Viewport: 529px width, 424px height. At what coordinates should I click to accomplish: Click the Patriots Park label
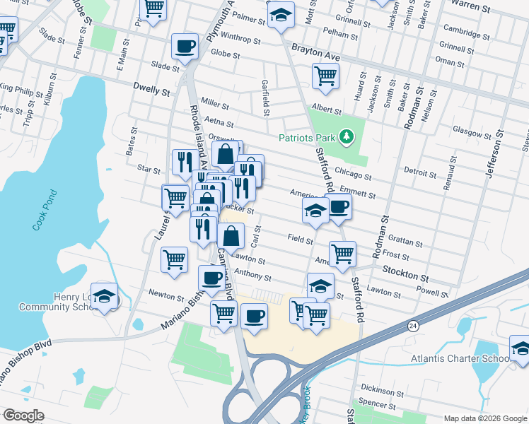pyautogui.click(x=307, y=137)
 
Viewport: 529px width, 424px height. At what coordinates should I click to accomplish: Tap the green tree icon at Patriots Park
pyautogui.click(x=346, y=136)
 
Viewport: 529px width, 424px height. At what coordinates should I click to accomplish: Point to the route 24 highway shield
pyautogui.click(x=412, y=326)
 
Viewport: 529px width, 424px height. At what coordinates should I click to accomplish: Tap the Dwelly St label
pyautogui.click(x=152, y=91)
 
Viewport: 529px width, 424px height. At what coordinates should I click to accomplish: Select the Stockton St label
pyautogui.click(x=406, y=271)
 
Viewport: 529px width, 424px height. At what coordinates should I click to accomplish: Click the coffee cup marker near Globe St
pyautogui.click(x=185, y=47)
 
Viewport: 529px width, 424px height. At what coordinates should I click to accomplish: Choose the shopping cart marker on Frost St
pyautogui.click(x=342, y=253)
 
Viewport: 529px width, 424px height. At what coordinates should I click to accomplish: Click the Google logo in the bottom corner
pyautogui.click(x=23, y=416)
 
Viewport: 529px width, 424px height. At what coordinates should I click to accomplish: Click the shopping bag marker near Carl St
pyautogui.click(x=231, y=235)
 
